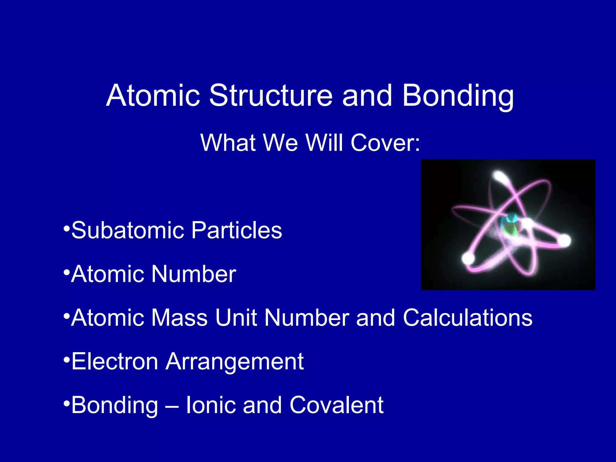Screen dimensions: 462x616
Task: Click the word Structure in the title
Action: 271,96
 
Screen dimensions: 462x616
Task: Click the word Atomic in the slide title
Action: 153,96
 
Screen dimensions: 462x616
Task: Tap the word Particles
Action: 237,230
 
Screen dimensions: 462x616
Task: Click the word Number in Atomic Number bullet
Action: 194,274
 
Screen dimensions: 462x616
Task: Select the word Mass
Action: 179,318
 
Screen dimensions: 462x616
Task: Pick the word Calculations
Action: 467,318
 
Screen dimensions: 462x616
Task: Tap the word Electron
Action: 115,361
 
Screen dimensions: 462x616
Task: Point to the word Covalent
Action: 336,405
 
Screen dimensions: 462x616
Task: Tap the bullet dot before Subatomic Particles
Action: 66,228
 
